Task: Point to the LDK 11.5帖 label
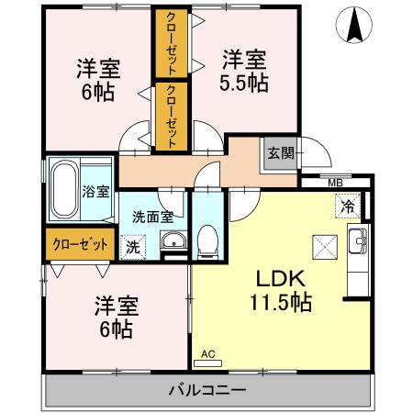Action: point(281,288)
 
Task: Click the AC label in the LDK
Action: point(206,352)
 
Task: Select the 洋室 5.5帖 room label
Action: point(244,71)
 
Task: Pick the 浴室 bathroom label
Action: point(95,192)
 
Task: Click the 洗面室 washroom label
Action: point(152,218)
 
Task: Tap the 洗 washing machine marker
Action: point(134,245)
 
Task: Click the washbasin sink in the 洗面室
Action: point(173,242)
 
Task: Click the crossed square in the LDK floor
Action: point(325,246)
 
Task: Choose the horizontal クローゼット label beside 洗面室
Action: point(79,245)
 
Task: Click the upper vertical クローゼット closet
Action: point(171,44)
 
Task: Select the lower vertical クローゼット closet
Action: point(171,116)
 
